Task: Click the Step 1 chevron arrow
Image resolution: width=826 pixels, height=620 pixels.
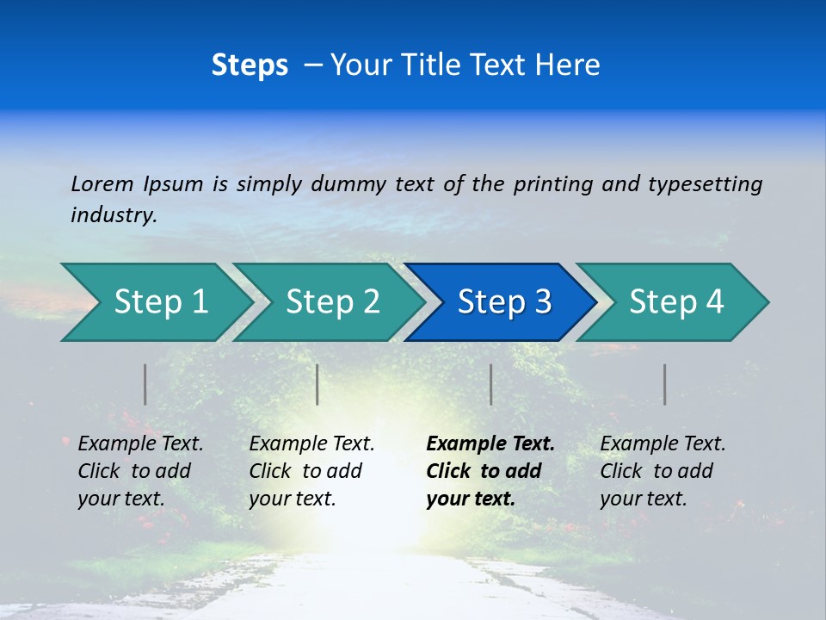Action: (x=155, y=302)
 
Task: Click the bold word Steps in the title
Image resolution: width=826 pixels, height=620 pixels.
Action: (x=250, y=65)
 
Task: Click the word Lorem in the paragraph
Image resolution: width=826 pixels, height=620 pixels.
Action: (x=102, y=183)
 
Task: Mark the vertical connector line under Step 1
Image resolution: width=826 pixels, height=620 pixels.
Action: (x=145, y=384)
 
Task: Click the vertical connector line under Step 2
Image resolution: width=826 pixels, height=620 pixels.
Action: (x=317, y=384)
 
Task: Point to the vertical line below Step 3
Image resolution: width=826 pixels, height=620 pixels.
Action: (x=491, y=384)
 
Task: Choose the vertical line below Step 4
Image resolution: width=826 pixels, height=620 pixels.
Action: (x=665, y=384)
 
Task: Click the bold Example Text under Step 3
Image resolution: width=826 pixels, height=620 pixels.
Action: (x=490, y=443)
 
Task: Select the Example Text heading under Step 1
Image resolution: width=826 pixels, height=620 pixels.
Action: (x=140, y=443)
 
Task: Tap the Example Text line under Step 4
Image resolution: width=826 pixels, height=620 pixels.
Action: (x=663, y=443)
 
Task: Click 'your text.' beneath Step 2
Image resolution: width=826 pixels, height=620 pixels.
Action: (x=292, y=499)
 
